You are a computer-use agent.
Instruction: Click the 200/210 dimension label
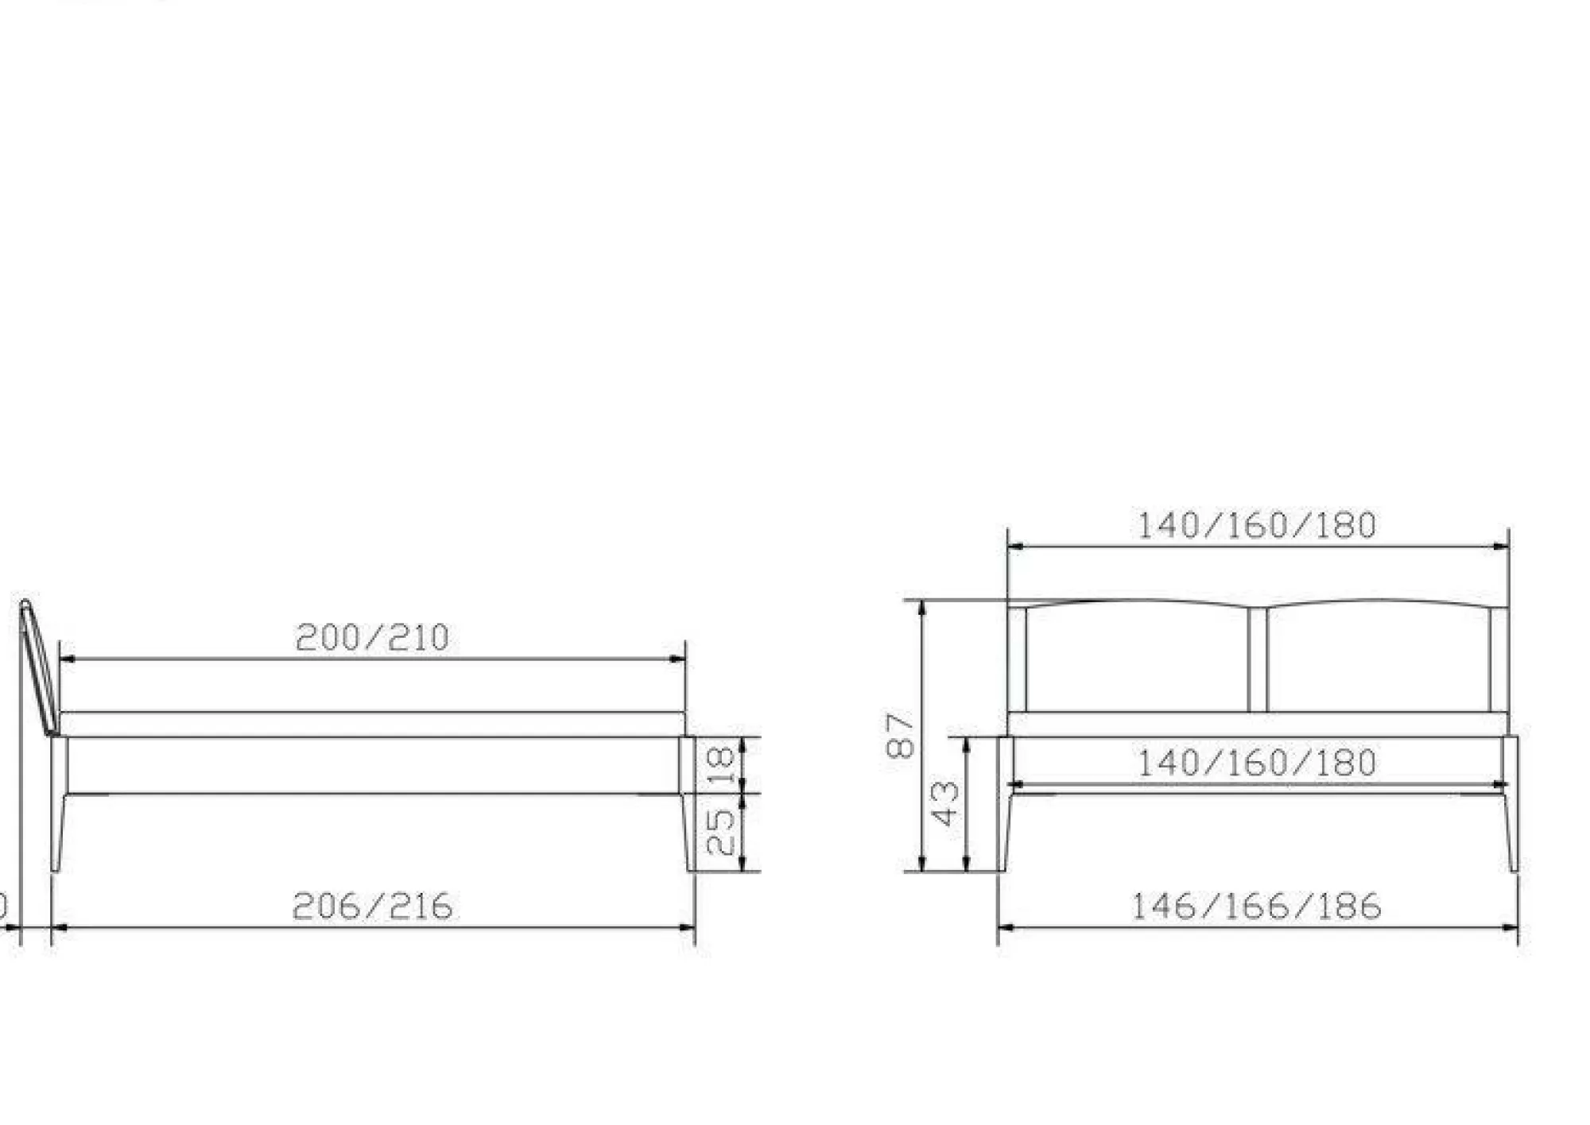click(x=372, y=638)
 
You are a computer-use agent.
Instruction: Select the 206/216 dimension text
click(x=373, y=907)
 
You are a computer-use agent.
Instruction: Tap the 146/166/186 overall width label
click(x=1256, y=907)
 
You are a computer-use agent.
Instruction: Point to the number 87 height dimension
click(x=901, y=735)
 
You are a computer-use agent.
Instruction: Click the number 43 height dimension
click(x=945, y=803)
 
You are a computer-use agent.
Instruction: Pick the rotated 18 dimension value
click(x=720, y=765)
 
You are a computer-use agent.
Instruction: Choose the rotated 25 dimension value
click(x=720, y=832)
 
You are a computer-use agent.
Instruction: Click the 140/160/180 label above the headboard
click(x=1257, y=526)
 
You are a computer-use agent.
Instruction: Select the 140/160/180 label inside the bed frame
click(x=1257, y=764)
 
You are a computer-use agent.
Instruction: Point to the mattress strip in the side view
click(x=372, y=725)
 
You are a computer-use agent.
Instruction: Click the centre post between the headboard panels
click(x=1258, y=659)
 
